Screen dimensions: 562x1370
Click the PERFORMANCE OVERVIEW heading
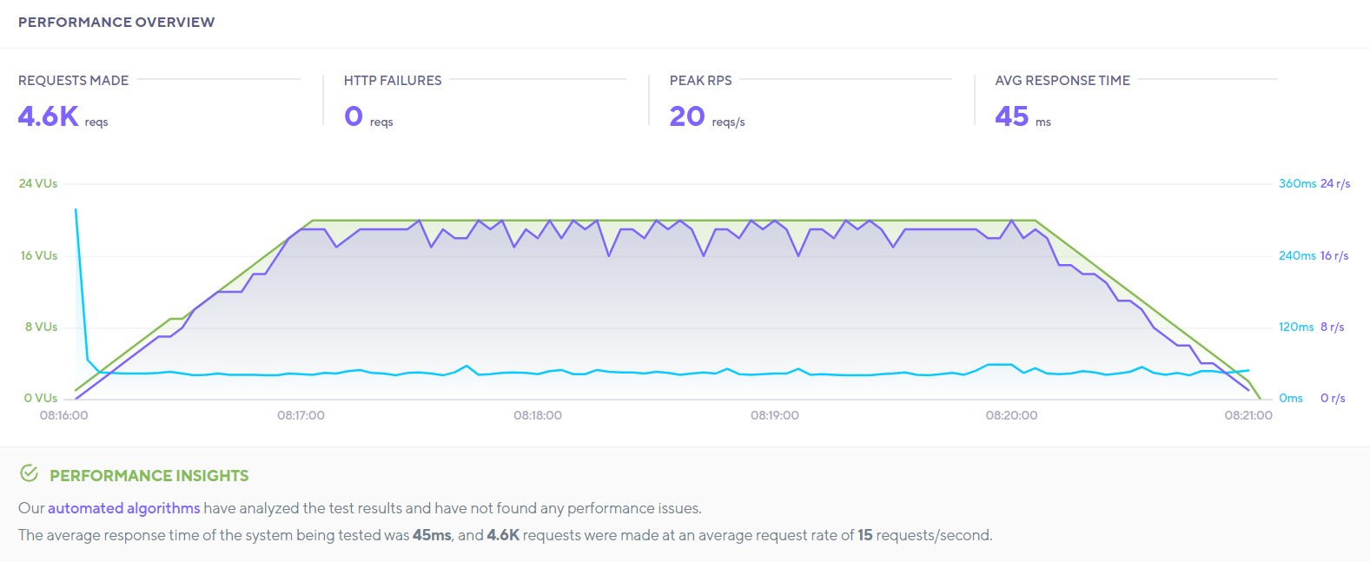tap(116, 23)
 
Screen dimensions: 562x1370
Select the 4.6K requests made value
tap(49, 116)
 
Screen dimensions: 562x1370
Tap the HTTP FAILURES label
tap(393, 81)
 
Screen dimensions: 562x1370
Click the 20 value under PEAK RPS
tap(686, 116)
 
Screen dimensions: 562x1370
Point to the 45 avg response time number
tap(1011, 116)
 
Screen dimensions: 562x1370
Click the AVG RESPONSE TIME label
tap(1062, 81)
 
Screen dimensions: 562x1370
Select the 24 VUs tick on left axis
tap(38, 183)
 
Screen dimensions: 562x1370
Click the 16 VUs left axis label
tap(38, 255)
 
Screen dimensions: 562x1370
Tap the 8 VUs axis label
tap(41, 327)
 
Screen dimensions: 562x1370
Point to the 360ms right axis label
tap(1296, 183)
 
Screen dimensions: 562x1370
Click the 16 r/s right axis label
tap(1334, 255)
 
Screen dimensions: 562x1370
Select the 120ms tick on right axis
tap(1295, 327)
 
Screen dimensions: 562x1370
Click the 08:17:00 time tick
tap(301, 415)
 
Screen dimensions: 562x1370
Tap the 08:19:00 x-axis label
tap(774, 415)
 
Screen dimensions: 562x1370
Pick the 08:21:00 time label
tap(1248, 415)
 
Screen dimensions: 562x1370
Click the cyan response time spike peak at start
tap(76, 209)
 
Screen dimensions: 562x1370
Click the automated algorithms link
tap(123, 508)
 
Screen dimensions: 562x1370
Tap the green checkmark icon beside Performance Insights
tap(29, 473)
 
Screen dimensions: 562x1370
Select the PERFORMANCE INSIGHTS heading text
tap(149, 476)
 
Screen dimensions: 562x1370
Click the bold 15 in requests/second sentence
tap(864, 535)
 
